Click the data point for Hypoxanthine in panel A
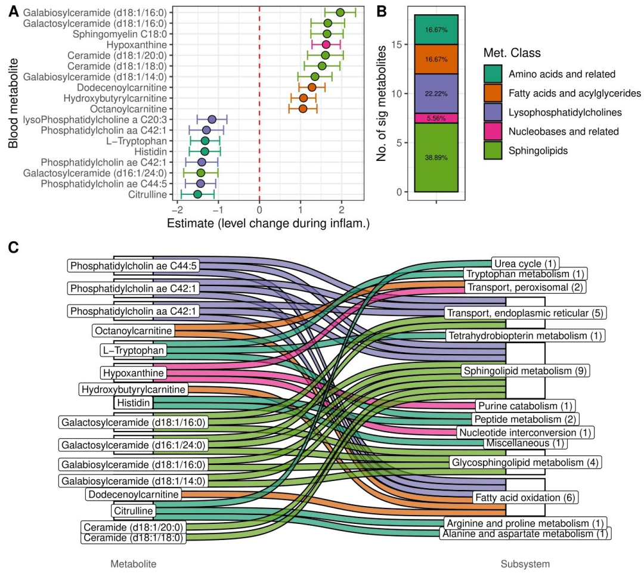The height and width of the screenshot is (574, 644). click(326, 45)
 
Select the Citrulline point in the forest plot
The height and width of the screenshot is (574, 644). click(197, 194)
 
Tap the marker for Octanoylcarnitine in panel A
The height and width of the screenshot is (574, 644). click(302, 108)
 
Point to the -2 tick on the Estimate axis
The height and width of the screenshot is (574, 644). click(177, 210)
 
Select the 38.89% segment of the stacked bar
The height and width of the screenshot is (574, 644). click(436, 157)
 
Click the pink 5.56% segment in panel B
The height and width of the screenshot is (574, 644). click(436, 118)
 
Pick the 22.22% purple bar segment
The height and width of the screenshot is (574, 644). click(436, 94)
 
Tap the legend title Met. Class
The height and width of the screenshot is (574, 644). click(512, 53)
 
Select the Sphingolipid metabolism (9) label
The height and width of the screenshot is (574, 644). click(525, 371)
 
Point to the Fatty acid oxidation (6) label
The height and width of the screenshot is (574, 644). click(525, 497)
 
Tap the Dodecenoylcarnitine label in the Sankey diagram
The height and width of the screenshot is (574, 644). click(134, 494)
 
